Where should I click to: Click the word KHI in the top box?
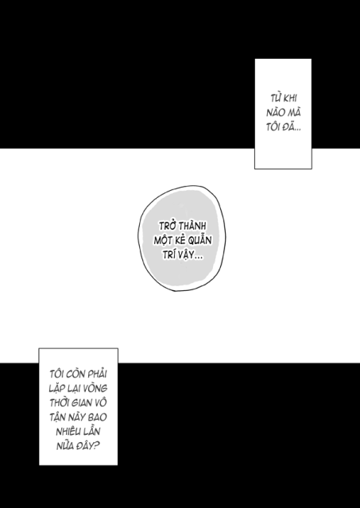click(x=291, y=98)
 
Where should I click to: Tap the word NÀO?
click(x=276, y=112)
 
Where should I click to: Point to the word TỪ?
click(x=276, y=98)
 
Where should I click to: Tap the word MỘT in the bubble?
click(x=162, y=240)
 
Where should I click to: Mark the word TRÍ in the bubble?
click(x=168, y=254)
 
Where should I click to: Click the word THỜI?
click(x=60, y=403)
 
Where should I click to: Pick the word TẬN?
click(x=58, y=417)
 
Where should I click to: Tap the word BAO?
click(x=99, y=417)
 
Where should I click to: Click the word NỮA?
click(x=65, y=446)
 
